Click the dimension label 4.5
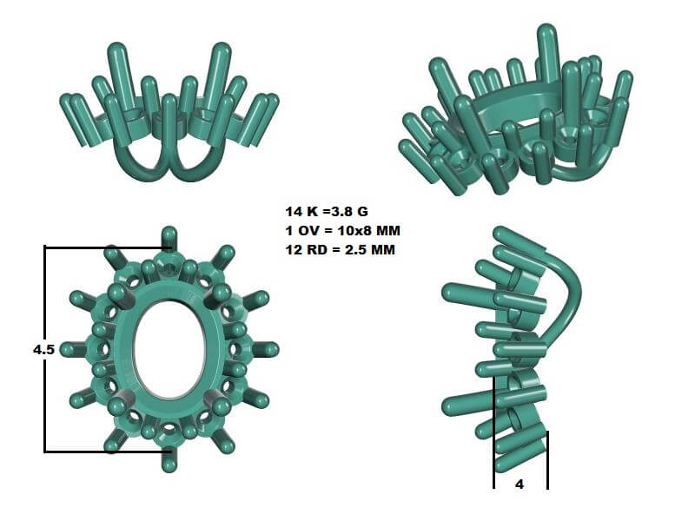[x=43, y=349]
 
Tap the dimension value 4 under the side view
[x=520, y=485]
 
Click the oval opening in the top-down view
[x=169, y=350]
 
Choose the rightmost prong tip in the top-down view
[x=272, y=349]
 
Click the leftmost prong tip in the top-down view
[x=66, y=349]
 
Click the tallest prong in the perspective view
[x=547, y=48]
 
